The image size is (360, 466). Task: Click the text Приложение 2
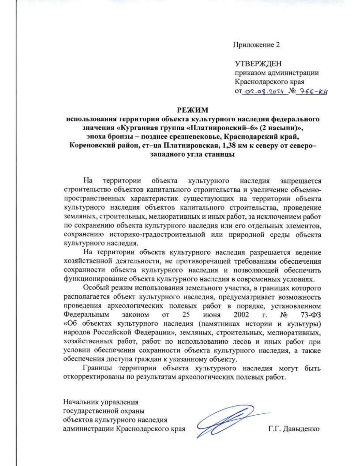pyautogui.click(x=256, y=45)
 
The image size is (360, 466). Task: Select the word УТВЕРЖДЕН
pyautogui.click(x=258, y=64)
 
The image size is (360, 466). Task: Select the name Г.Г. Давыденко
pyautogui.click(x=294, y=429)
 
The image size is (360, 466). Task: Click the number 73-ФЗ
pyautogui.click(x=310, y=315)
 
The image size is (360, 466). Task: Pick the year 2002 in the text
pyautogui.click(x=241, y=315)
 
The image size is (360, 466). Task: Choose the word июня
pyautogui.click(x=212, y=315)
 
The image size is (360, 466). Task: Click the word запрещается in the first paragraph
pyautogui.click(x=301, y=181)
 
